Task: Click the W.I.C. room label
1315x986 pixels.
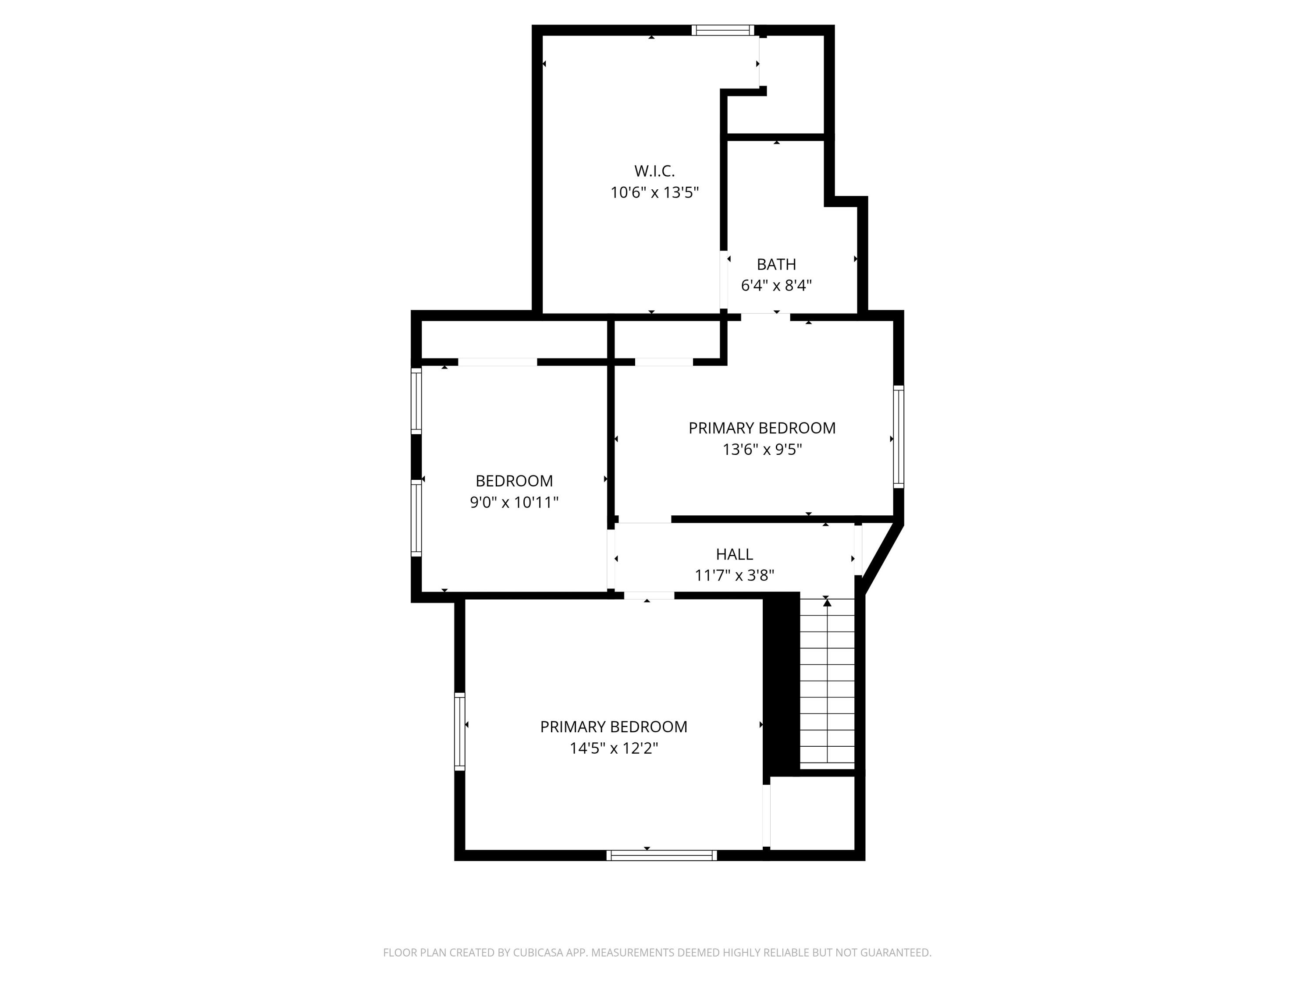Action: tap(654, 171)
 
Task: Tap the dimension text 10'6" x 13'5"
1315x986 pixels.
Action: tap(654, 192)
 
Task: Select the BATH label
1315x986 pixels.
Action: tap(776, 265)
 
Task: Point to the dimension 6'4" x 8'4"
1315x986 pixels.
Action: tap(776, 286)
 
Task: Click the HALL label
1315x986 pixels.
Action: tap(734, 554)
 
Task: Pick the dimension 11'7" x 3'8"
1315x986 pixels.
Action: tap(734, 576)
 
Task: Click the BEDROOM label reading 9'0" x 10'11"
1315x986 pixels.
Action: tap(514, 481)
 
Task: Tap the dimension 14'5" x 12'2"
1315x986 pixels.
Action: tap(614, 748)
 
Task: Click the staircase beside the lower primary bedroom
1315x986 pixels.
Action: tap(828, 681)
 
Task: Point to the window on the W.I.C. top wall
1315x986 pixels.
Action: tap(723, 30)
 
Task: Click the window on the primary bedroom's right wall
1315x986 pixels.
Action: tap(899, 437)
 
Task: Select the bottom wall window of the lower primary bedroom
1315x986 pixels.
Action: tap(661, 855)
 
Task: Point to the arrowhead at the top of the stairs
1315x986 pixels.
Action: tap(827, 603)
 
